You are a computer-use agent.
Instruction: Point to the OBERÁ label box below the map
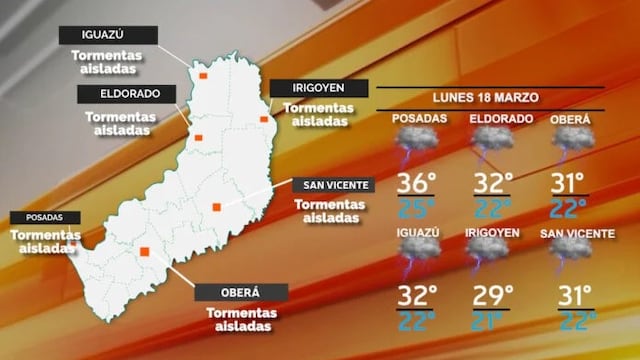tap(241, 292)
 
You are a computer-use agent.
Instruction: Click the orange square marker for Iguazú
tap(202, 75)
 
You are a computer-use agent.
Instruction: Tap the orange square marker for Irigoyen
tap(265, 120)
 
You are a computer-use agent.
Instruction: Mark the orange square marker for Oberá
tap(146, 252)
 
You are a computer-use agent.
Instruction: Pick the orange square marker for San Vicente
tap(216, 207)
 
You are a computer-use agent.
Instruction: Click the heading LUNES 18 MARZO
tap(488, 98)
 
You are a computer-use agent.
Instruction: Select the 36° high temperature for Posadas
tap(417, 184)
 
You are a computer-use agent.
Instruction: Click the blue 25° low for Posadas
tap(418, 207)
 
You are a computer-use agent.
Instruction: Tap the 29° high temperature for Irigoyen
tap(491, 296)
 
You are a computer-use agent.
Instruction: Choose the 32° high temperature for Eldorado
tap(491, 184)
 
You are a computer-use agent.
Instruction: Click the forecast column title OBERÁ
tap(570, 119)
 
